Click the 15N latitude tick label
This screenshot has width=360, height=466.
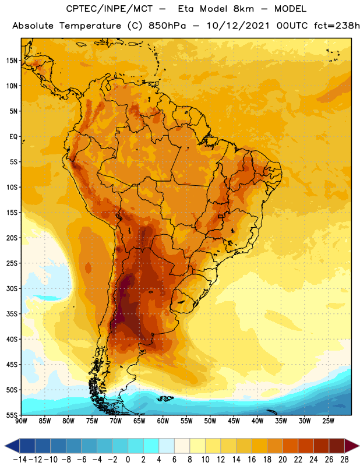(x=12, y=61)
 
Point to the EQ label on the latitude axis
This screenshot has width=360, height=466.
(x=13, y=137)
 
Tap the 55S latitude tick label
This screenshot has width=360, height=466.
(x=12, y=415)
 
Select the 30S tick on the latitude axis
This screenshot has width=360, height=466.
(x=12, y=288)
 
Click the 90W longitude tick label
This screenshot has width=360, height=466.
(x=21, y=421)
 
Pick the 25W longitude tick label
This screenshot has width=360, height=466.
(x=328, y=421)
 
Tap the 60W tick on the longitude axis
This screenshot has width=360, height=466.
(x=163, y=421)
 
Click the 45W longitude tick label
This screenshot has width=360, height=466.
(x=234, y=421)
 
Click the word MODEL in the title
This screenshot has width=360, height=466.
(x=290, y=9)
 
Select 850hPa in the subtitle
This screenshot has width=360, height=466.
(x=167, y=26)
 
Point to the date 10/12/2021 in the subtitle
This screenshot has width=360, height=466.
(x=238, y=26)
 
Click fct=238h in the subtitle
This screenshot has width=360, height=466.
(x=337, y=26)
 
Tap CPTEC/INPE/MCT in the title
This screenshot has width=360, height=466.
(x=110, y=9)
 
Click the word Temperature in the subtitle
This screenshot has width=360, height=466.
(x=90, y=26)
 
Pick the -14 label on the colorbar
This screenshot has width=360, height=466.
(x=20, y=460)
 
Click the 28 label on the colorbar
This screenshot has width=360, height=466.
(x=344, y=460)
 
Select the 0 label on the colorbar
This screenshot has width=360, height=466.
(x=128, y=460)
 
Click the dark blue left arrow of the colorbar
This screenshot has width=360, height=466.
(x=12, y=446)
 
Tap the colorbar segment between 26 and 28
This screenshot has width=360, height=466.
(x=337, y=446)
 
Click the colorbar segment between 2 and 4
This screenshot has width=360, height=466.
(x=151, y=446)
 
